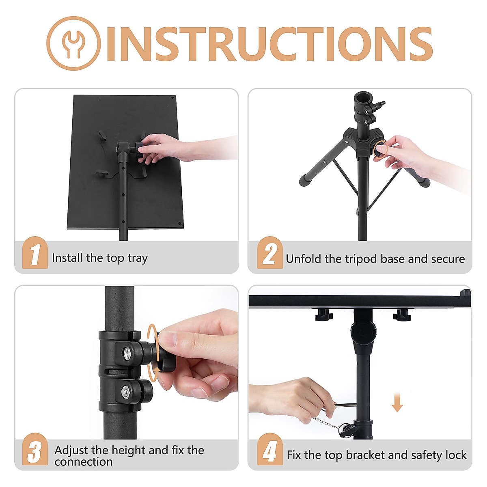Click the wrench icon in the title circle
(x=73, y=43)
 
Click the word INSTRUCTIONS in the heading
(x=269, y=44)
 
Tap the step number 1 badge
(x=35, y=254)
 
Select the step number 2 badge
(x=269, y=254)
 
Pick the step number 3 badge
(x=35, y=450)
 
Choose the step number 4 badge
(x=269, y=450)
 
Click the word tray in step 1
(x=138, y=259)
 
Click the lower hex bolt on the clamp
(x=125, y=392)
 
